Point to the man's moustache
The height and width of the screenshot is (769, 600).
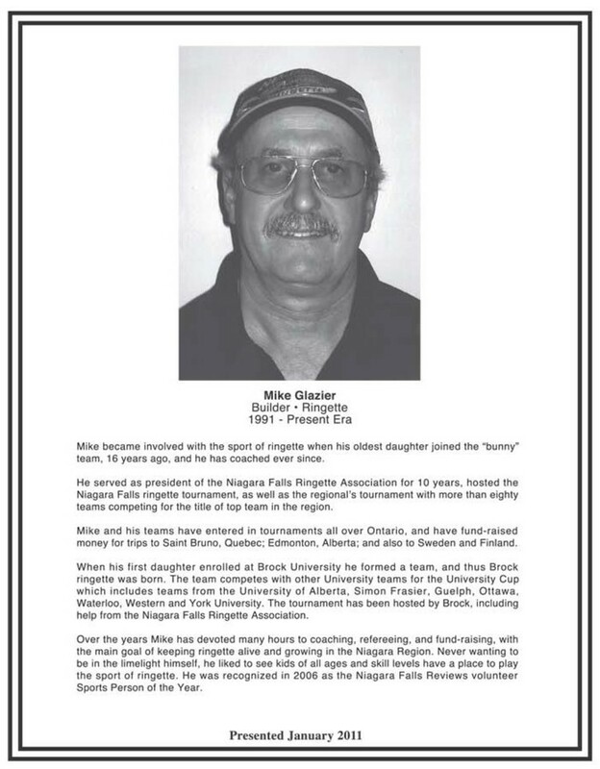pos(300,227)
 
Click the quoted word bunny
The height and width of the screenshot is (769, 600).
pos(497,449)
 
